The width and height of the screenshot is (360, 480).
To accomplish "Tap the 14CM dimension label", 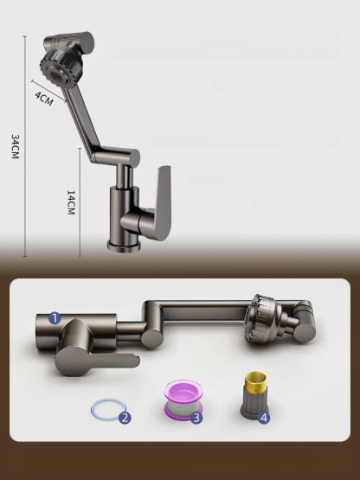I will coord(71,204).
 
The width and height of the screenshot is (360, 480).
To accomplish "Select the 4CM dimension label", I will coord(44,98).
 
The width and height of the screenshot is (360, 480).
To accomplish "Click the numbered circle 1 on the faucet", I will coord(54,318).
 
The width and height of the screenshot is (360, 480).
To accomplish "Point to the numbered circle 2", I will coord(125,418).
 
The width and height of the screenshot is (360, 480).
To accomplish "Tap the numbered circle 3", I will coord(196,418).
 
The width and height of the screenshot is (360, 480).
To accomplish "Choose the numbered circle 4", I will coord(264,417).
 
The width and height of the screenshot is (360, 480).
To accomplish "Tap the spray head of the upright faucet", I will coord(61,61).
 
